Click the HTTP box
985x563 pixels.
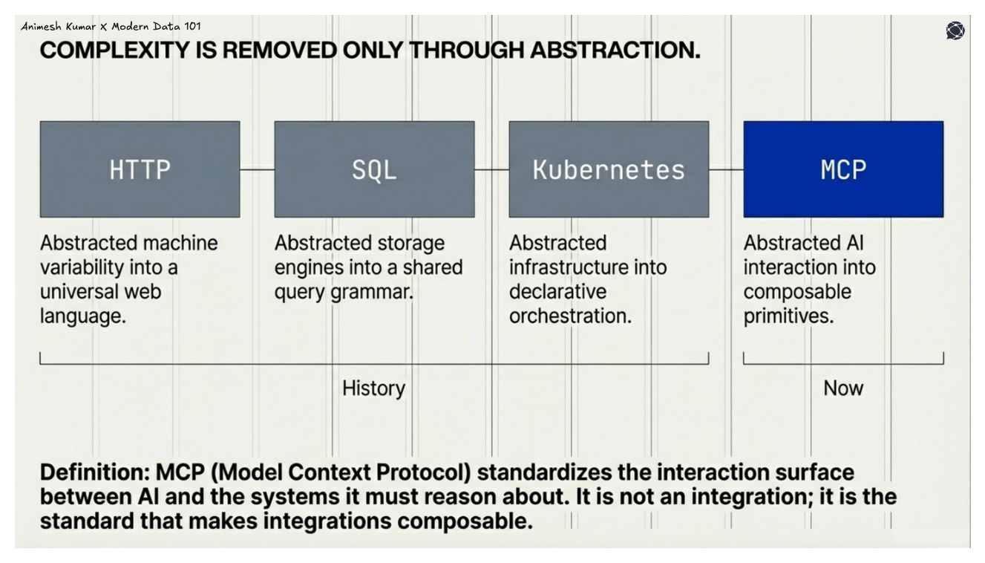pos(140,169)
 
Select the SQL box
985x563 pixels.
pos(374,169)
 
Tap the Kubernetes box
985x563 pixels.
pos(609,169)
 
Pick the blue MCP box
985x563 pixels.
pos(843,169)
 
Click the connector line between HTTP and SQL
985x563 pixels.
pos(257,169)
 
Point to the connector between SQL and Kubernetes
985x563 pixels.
pos(491,169)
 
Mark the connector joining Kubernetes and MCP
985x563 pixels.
pos(726,169)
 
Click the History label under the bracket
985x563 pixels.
pos(373,388)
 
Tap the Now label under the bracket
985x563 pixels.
pos(843,388)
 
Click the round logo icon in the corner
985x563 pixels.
pos(955,30)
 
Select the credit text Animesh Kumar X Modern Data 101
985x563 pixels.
pos(111,26)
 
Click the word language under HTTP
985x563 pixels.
pos(82,316)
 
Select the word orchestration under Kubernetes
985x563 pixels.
pos(569,316)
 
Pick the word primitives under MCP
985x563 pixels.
pos(788,316)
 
